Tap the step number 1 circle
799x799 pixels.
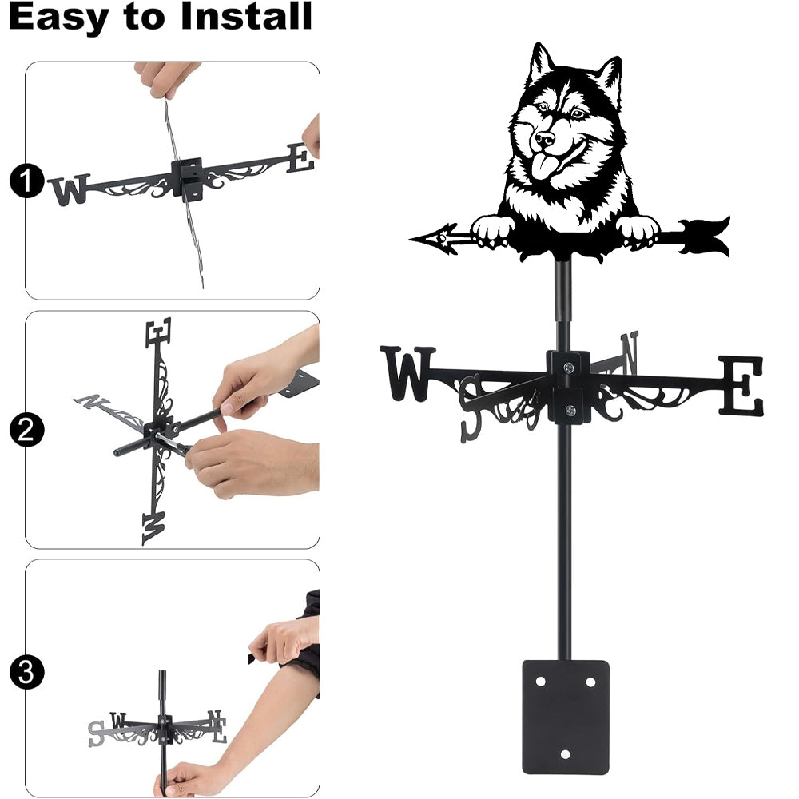pos(26,181)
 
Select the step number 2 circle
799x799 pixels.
pos(26,430)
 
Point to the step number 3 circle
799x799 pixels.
pos(26,672)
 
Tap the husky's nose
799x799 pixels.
pos(544,138)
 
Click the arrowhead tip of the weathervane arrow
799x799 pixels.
pos(411,238)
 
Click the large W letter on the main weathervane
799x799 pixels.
pos(407,373)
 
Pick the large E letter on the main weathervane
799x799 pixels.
pos(741,385)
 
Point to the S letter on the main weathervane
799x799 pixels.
pos(471,408)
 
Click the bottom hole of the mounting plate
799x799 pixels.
pos(566,754)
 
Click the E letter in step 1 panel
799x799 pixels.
pos(300,157)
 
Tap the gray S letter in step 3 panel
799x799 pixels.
pos(95,733)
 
